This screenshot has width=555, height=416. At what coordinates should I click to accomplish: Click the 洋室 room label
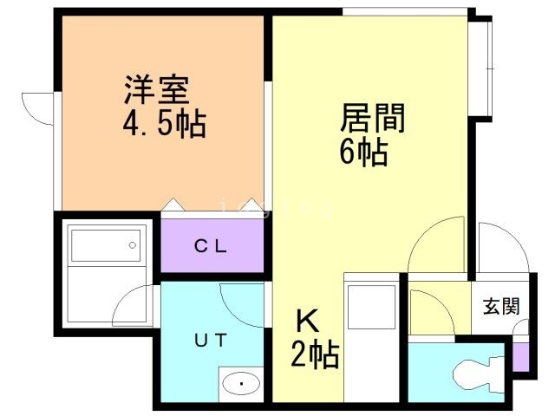click(x=156, y=89)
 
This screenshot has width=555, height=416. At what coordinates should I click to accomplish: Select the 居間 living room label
click(x=372, y=117)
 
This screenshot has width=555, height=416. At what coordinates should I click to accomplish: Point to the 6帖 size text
click(x=362, y=153)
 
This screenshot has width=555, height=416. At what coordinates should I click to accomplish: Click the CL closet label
click(x=211, y=246)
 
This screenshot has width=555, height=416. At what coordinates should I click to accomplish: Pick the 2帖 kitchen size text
click(x=314, y=355)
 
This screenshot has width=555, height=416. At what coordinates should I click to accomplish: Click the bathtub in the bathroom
click(x=104, y=245)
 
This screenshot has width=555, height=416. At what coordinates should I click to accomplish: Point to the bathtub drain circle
click(x=133, y=245)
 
